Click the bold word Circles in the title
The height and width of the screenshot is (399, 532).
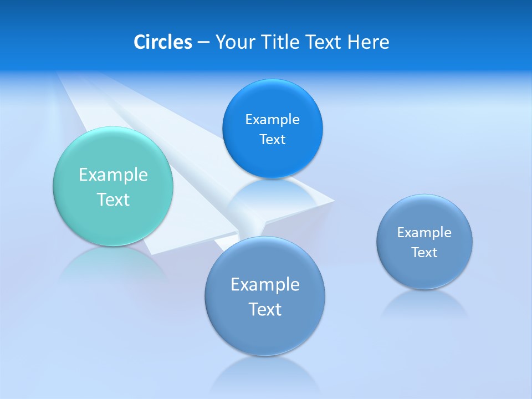tap(162, 42)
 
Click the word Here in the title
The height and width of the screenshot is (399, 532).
tap(369, 42)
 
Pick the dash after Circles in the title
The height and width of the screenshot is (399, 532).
tap(203, 43)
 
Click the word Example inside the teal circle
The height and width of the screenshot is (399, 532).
tap(113, 175)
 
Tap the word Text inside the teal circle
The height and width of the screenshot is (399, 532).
tap(113, 199)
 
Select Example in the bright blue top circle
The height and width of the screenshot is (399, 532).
tap(272, 120)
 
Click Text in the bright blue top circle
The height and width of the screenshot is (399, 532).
tap(272, 140)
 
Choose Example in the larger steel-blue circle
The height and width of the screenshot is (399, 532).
tap(265, 285)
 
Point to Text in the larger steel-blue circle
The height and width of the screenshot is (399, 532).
tap(265, 309)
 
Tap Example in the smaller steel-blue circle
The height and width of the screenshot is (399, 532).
tap(424, 233)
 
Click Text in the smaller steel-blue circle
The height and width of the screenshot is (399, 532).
tap(424, 253)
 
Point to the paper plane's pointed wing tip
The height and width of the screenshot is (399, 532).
tap(332, 200)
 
